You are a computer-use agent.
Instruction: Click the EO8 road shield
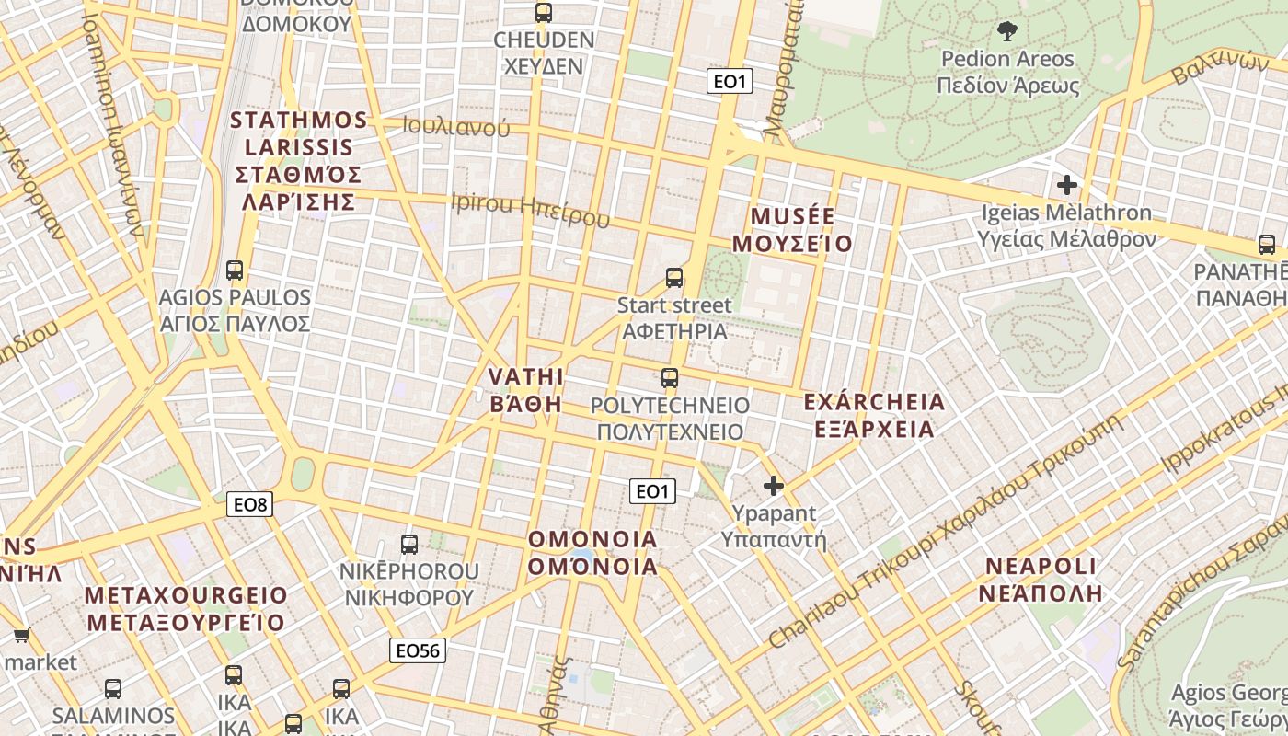[249, 504]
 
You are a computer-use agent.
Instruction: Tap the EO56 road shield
[418, 650]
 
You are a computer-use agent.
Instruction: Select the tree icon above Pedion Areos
[1007, 30]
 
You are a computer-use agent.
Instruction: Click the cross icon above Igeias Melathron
[1067, 185]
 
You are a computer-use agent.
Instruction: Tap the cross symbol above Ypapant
[774, 485]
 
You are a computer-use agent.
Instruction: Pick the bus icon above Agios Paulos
[235, 270]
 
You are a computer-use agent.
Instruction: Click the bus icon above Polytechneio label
[670, 378]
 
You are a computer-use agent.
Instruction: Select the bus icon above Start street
[674, 277]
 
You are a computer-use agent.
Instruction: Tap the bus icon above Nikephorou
[409, 544]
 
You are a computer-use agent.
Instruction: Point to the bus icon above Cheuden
[544, 13]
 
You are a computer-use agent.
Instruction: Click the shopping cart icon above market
[21, 635]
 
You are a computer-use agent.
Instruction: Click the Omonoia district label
[592, 552]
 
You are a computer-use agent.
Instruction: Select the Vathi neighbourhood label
[525, 390]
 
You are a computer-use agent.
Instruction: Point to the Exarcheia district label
[874, 415]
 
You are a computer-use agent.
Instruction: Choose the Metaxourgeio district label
[186, 608]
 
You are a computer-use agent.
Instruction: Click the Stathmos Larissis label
[298, 161]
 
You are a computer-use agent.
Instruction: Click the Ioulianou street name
[456, 128]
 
